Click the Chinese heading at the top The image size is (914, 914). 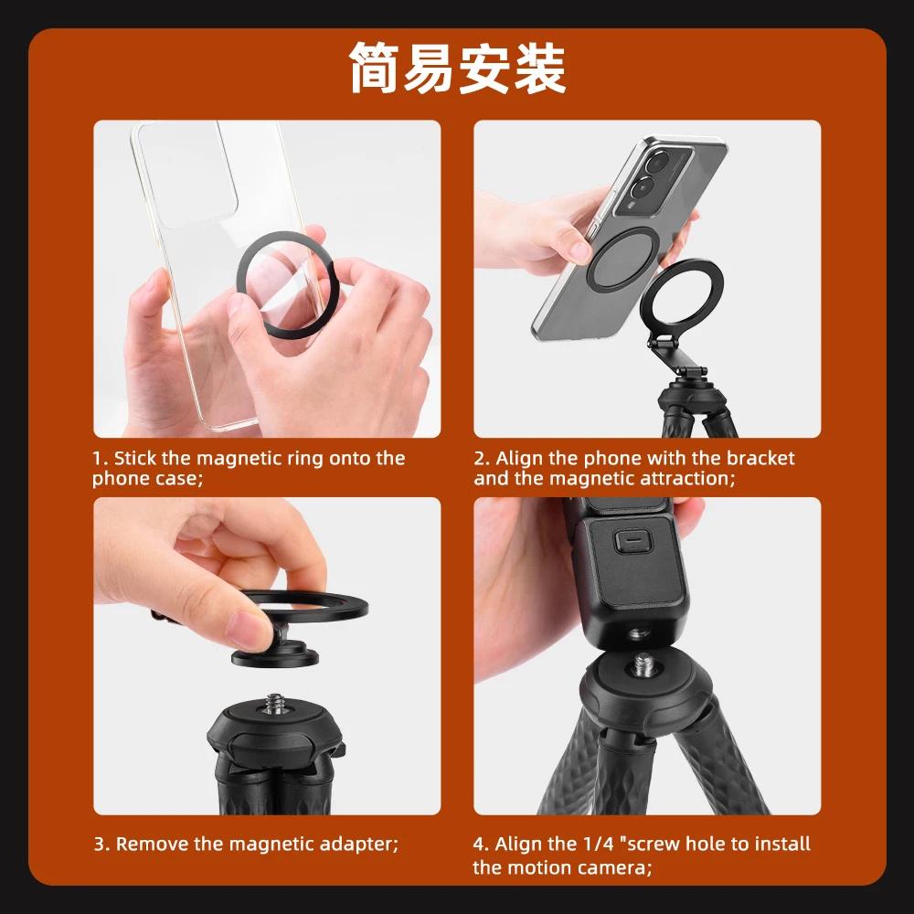457,69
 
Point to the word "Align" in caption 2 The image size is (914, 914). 520,458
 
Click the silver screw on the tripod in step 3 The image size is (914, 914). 273,705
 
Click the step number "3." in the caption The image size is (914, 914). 101,844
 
